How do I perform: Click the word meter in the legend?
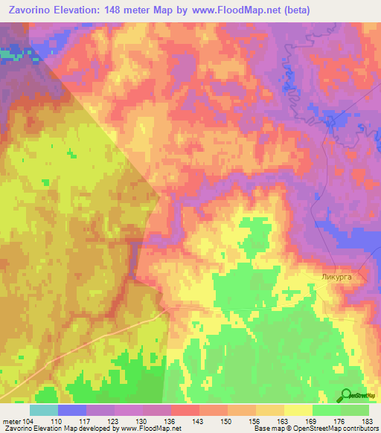(12, 422)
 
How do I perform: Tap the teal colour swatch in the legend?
(44, 410)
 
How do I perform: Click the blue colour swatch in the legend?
(72, 410)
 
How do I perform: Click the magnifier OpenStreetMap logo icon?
(346, 394)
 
